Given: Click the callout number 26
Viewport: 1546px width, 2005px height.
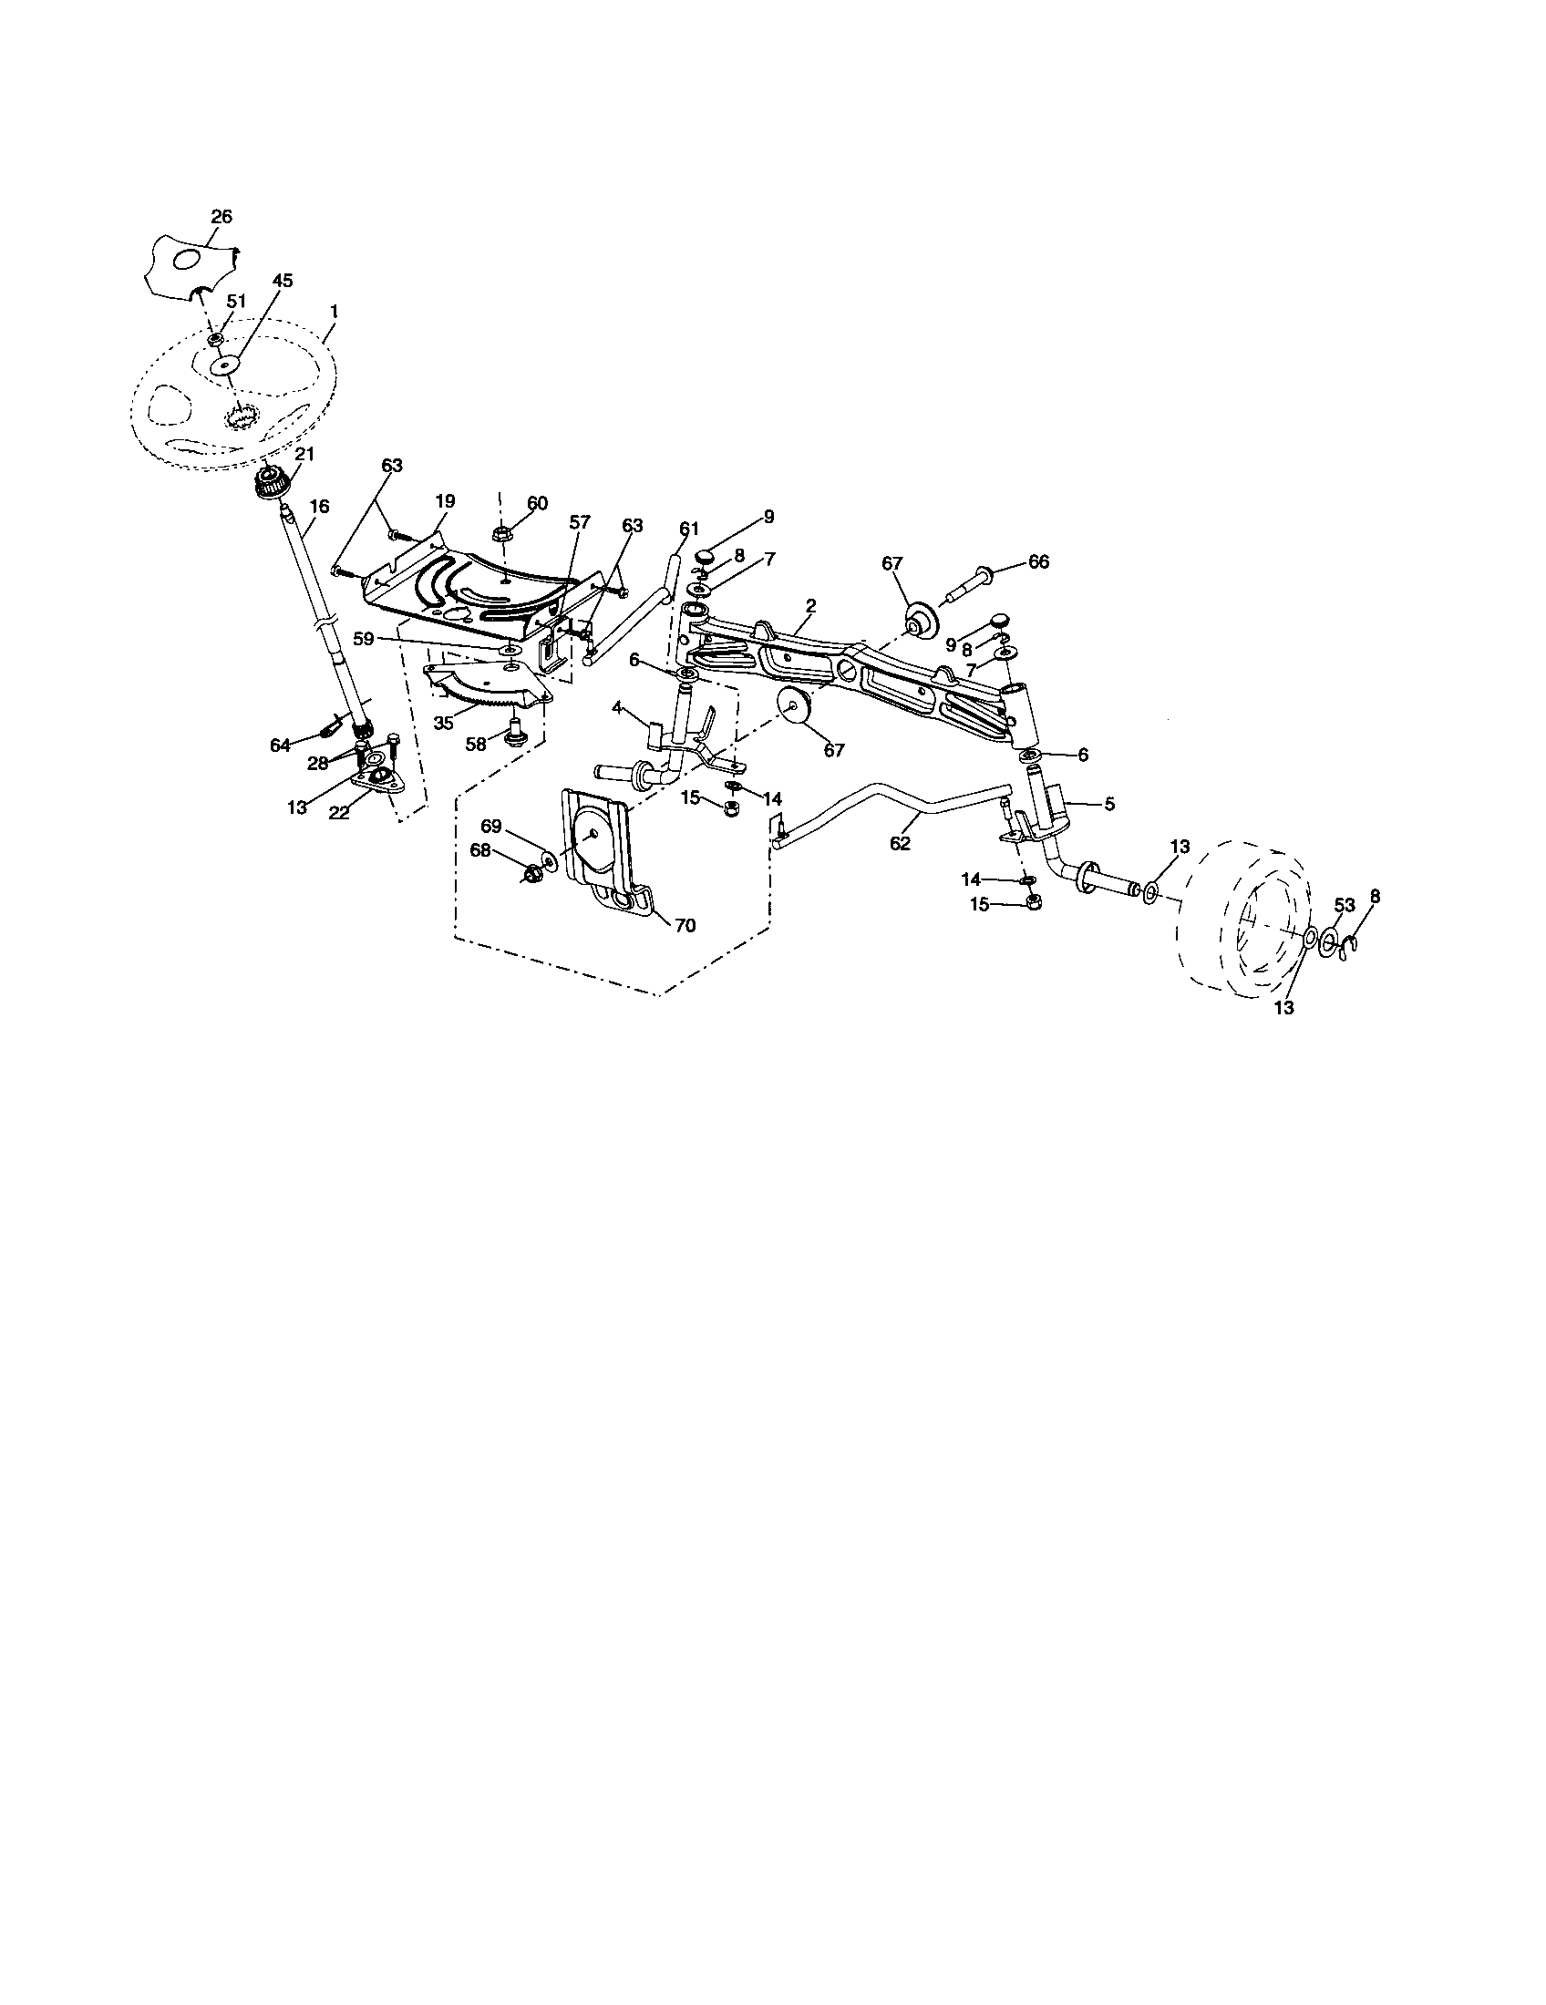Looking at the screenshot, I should click(x=222, y=217).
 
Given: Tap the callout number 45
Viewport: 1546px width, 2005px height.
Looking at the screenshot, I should click(x=283, y=282).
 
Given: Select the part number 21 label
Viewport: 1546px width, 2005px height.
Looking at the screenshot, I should click(x=304, y=455).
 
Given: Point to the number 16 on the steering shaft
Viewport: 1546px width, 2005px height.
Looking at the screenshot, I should click(x=318, y=506).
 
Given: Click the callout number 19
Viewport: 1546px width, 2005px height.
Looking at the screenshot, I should click(x=444, y=501).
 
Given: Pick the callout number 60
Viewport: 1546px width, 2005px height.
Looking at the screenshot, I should click(x=537, y=503).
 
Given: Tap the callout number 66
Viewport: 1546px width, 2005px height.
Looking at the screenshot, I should click(x=1038, y=561).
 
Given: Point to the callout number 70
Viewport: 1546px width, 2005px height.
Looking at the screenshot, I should click(x=685, y=926).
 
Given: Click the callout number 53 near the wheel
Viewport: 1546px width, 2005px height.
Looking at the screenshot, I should click(x=1344, y=905).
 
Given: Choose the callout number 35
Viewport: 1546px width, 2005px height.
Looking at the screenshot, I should click(x=444, y=723).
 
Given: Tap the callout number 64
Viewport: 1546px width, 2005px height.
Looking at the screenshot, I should click(x=280, y=745).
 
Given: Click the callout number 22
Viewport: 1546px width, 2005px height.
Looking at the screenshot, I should click(x=340, y=813).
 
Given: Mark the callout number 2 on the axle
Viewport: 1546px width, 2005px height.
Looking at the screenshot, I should click(x=810, y=605).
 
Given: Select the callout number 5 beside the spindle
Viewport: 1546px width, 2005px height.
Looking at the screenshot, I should click(x=1109, y=804).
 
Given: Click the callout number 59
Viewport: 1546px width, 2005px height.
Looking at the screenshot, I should click(x=365, y=639).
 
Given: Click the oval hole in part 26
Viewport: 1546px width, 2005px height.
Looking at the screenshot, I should click(x=185, y=260).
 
